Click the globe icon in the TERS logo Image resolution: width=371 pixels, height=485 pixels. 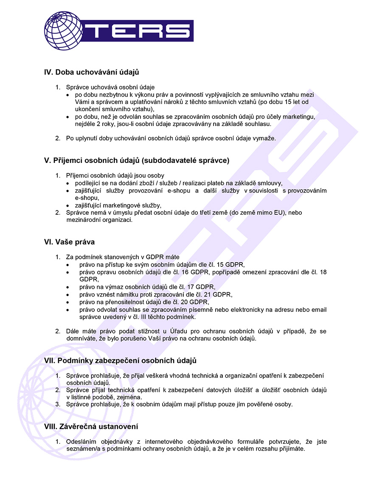(63, 30)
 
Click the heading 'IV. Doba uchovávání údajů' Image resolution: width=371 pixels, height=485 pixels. (92, 73)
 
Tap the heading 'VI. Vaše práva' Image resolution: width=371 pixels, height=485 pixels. (69, 242)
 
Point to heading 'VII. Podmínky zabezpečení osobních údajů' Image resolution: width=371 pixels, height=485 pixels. (120, 360)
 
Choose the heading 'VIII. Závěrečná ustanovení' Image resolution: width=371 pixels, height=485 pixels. (91, 426)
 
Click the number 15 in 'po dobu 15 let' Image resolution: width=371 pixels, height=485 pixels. (287, 102)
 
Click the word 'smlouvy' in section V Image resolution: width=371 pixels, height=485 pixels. (271, 183)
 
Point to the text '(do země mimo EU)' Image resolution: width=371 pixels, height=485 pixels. (257, 213)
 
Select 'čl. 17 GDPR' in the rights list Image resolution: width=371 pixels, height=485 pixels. (194, 287)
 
